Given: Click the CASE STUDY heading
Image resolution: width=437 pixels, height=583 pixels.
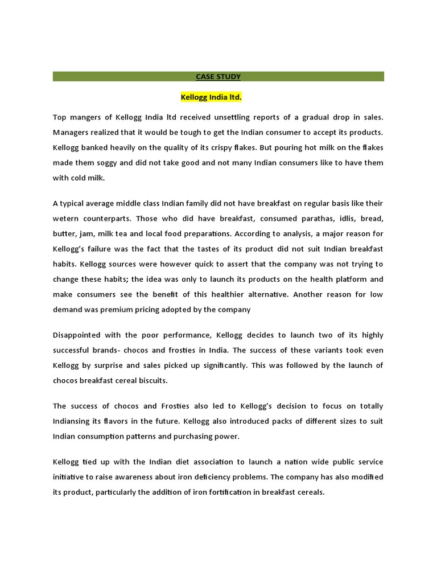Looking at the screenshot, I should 218,77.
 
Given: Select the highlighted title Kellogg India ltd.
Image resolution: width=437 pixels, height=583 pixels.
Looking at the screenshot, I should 211,97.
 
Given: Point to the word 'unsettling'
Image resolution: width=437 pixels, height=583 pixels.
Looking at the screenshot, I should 245,117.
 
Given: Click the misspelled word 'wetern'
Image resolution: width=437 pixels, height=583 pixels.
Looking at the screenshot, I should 66,218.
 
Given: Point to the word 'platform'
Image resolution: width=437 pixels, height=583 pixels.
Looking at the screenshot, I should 348,279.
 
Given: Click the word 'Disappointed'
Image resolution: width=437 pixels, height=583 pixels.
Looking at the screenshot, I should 77,335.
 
